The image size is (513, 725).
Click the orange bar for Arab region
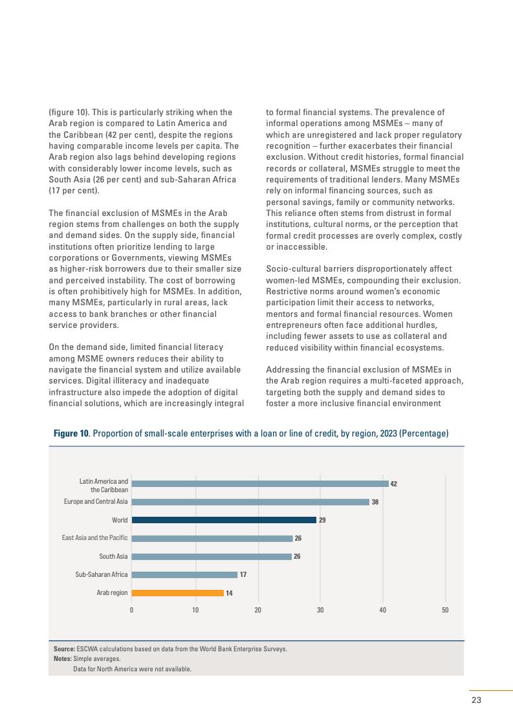point(177,592)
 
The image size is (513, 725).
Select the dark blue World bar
point(224,519)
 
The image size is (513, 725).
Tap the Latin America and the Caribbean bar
point(259,483)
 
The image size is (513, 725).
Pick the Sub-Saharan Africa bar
point(184,574)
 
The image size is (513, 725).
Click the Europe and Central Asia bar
point(250,501)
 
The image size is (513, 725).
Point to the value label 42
point(394,483)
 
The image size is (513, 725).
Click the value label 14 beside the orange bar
point(229,593)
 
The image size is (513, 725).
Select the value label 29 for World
point(322,520)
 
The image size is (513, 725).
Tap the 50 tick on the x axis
point(446,610)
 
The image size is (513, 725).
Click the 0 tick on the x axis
point(132,610)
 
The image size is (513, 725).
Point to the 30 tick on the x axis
point(320,610)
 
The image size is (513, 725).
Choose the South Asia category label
point(113,556)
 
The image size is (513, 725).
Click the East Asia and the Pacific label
point(94,538)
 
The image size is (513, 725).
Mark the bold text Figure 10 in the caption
point(71,433)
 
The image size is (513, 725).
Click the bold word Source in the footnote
point(64,649)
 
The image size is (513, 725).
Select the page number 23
point(476,700)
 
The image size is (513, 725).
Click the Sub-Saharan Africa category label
point(102,574)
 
